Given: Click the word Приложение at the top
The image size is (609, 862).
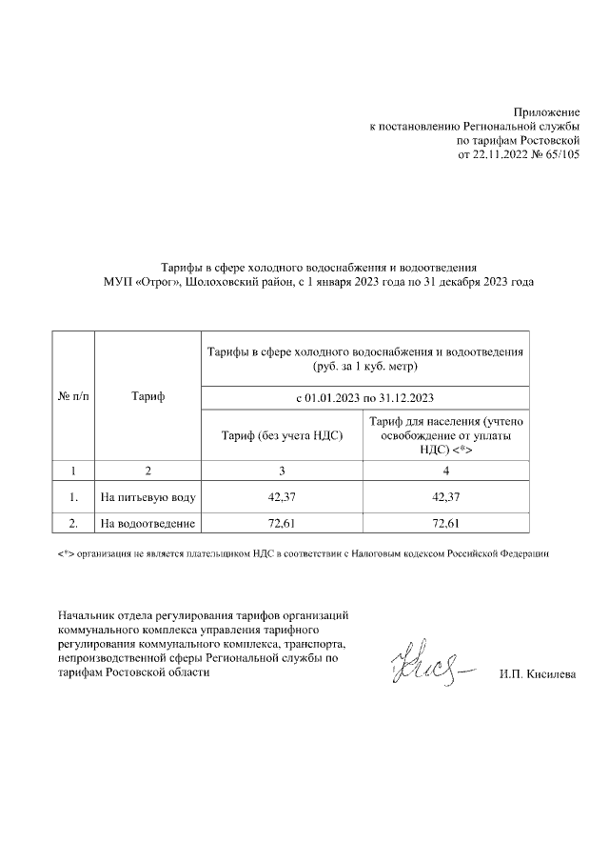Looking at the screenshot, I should point(546,113).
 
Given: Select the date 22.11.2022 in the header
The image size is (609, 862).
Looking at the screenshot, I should point(501,153).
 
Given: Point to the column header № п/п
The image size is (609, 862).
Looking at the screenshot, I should point(71,396).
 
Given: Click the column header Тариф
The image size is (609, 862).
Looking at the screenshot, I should point(147,396).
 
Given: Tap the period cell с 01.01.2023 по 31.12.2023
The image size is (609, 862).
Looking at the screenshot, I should point(364,396).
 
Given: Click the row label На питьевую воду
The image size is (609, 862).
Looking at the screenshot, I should point(148,497).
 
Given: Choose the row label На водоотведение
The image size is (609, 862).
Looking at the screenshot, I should point(148,524).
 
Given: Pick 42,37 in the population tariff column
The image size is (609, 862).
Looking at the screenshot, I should point(445,497).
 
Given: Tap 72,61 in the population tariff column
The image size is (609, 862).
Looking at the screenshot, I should point(445,524).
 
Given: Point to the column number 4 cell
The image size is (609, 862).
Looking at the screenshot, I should point(445,471).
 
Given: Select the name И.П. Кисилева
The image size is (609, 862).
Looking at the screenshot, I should point(537,675).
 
